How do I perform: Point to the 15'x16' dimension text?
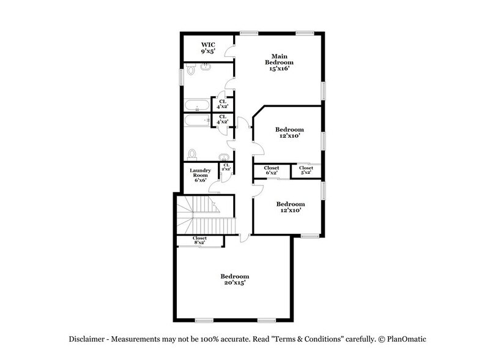279,69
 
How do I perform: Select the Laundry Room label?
201,174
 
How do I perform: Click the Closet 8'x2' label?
199,240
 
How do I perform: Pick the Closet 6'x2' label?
272,170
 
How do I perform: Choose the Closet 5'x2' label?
307,170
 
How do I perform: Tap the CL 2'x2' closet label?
226,167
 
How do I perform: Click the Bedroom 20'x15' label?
235,280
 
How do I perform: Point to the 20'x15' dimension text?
235,283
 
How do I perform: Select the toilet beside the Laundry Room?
193,153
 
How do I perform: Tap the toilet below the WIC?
191,70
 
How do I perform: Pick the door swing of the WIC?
230,51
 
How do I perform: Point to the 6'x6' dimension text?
201,180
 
